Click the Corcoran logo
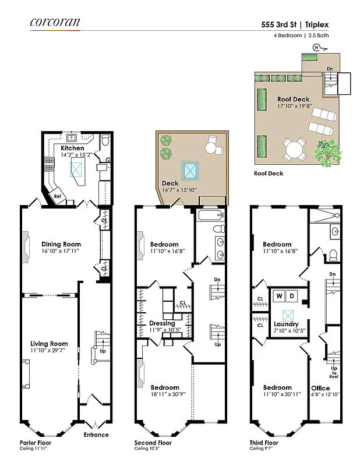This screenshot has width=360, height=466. click(x=55, y=22)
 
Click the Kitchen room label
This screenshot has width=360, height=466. click(x=72, y=149)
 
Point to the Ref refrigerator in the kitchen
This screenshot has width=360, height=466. click(x=57, y=196)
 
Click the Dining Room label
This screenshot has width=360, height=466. click(x=61, y=244)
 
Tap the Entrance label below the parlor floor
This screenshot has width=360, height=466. click(x=96, y=435)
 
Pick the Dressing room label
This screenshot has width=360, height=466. click(x=162, y=323)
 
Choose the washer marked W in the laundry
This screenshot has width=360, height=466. click(x=279, y=296)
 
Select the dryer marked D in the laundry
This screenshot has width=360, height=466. click(x=292, y=296)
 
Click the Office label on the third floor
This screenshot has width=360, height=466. click(x=320, y=388)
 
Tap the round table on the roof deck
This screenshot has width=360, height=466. click(x=294, y=150)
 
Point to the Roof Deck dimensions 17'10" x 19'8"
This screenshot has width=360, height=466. click(x=294, y=106)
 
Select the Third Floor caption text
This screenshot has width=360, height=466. click(x=264, y=443)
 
